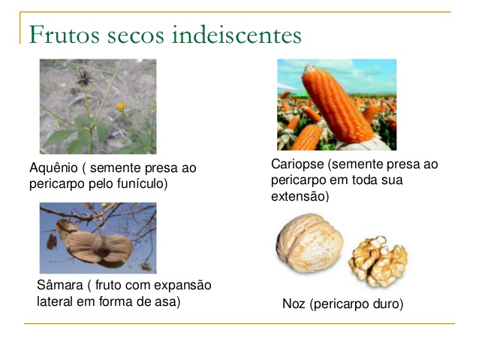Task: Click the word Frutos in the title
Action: pos(65,35)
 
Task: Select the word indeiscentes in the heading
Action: pos(236,35)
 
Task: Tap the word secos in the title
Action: pos(136,36)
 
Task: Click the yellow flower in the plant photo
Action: pos(121,106)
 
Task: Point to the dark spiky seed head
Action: pos(84,77)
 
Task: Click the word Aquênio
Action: pos(53,168)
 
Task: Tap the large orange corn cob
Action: pos(338,104)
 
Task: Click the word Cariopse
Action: pos(297,165)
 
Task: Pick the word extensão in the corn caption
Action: pos(300,196)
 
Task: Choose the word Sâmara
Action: pos(60,285)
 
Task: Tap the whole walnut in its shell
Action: pos(309,244)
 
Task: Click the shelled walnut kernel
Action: pos(379,262)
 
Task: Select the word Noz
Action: pos(294,304)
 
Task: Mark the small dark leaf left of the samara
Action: pos(51,242)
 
